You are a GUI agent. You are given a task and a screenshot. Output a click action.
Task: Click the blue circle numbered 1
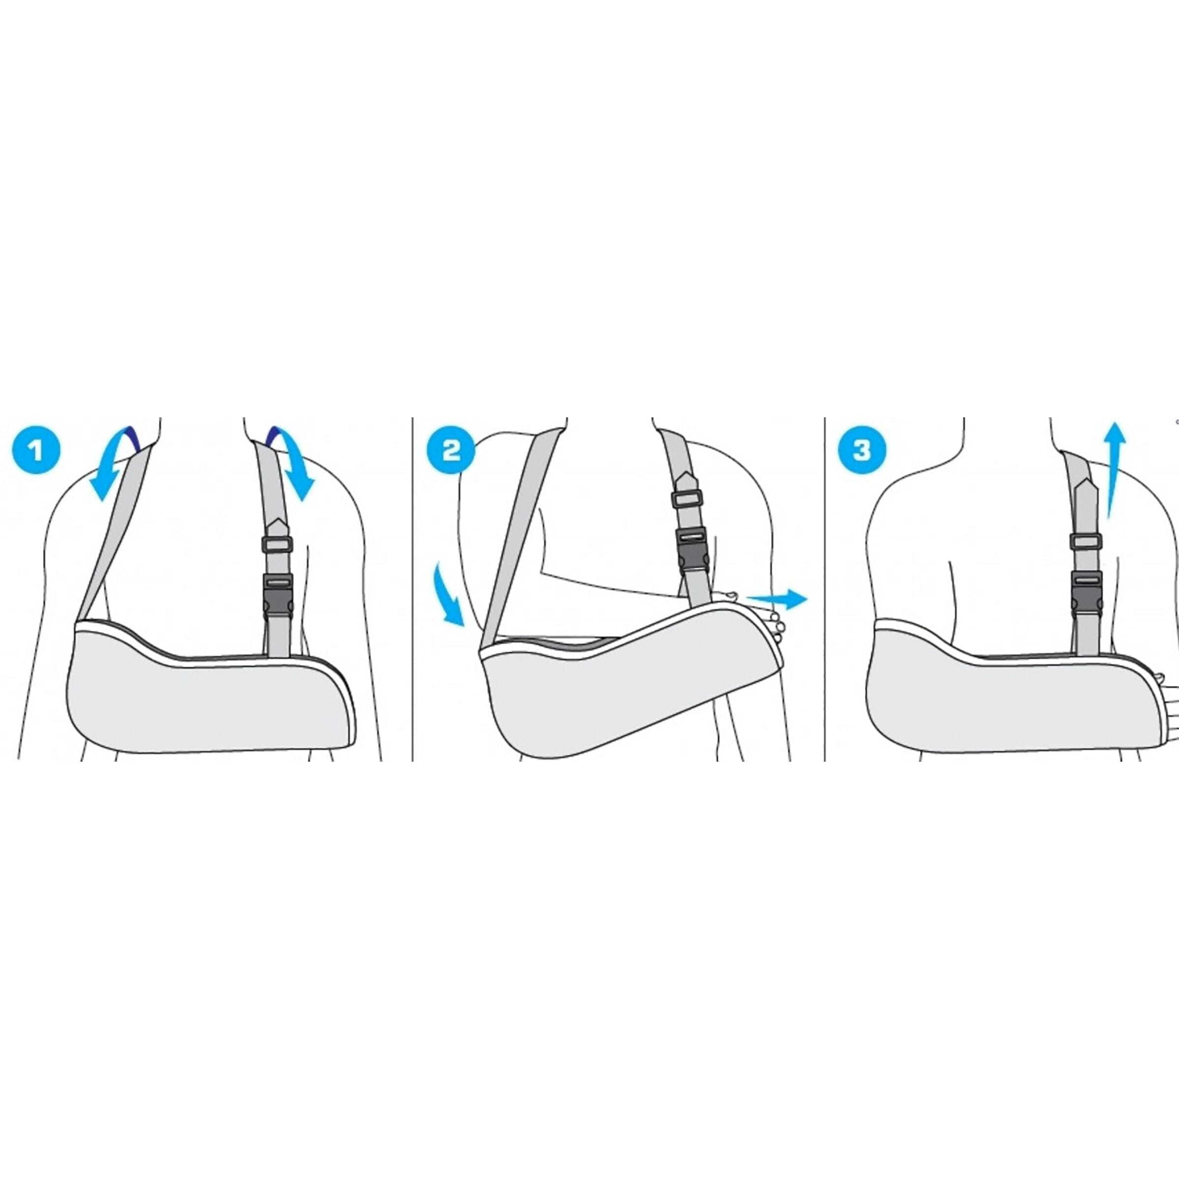36,452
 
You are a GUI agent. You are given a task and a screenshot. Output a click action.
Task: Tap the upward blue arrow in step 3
1115,470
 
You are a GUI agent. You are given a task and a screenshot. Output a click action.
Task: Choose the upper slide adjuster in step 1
277,544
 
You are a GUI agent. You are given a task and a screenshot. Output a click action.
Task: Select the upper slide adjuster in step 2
686,498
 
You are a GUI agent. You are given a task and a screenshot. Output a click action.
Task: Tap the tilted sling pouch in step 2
610,689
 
